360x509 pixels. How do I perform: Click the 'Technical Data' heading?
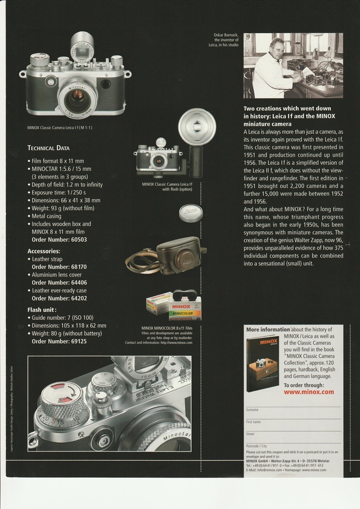48,148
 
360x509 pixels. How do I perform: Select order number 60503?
59,240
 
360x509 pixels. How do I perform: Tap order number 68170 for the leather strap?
59,267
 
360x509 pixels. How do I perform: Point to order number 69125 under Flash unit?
59,341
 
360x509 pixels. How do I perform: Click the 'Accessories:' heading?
44,251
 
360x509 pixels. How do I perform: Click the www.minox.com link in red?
309,392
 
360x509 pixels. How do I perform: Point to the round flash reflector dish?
197,124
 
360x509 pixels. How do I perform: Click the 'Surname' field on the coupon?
252,409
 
